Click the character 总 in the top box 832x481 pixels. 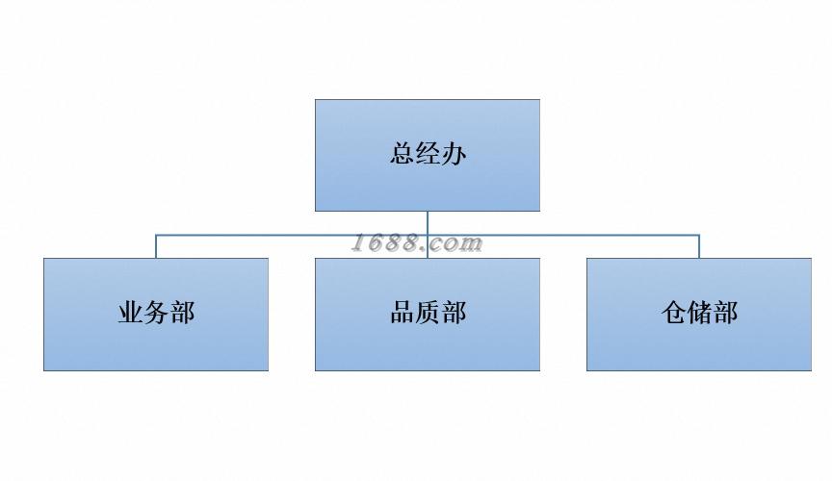pos(402,154)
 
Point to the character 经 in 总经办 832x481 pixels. pos(428,154)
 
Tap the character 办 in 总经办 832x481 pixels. pos(454,154)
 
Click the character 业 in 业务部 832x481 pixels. pos(130,313)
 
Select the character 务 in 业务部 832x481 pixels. pos(156,313)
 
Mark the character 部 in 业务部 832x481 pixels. pos(182,313)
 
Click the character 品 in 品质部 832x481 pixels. pos(402,313)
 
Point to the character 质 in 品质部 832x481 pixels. pos(428,313)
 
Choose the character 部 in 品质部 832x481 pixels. pos(454,313)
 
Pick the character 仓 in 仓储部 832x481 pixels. pos(673,313)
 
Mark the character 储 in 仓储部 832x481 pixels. pos(699,313)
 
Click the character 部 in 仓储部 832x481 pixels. pos(725,313)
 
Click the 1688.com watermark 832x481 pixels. pos(416,243)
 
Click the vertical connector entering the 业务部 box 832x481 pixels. pos(156,246)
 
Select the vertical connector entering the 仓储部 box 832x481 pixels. pos(699,246)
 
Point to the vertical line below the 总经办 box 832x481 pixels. pos(428,222)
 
